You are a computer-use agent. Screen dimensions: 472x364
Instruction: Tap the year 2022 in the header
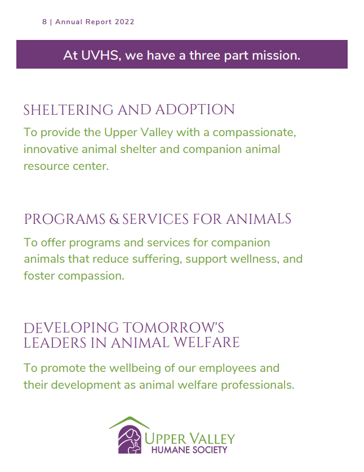(x=125, y=22)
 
